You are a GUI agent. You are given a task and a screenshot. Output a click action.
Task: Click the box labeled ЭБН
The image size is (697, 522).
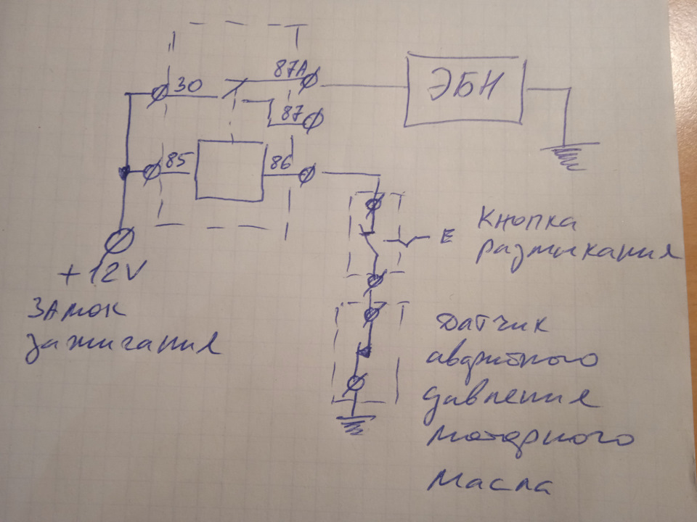(x=465, y=91)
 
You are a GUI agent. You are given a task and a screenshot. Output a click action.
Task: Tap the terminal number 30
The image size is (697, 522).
(x=189, y=86)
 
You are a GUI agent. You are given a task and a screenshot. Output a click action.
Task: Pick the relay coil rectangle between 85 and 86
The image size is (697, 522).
(x=228, y=170)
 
